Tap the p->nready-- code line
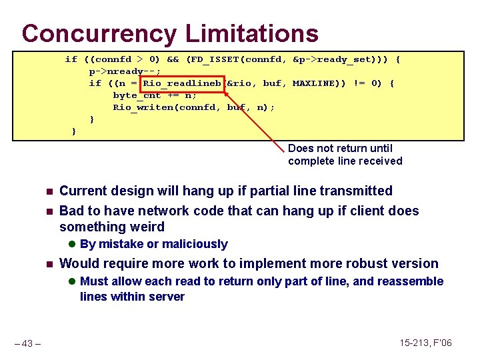click(120, 71)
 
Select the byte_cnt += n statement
click(155, 95)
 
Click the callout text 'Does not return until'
click(340, 149)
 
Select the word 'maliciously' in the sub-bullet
click(194, 245)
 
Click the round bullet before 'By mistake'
click(73, 245)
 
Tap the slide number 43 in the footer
click(29, 343)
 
